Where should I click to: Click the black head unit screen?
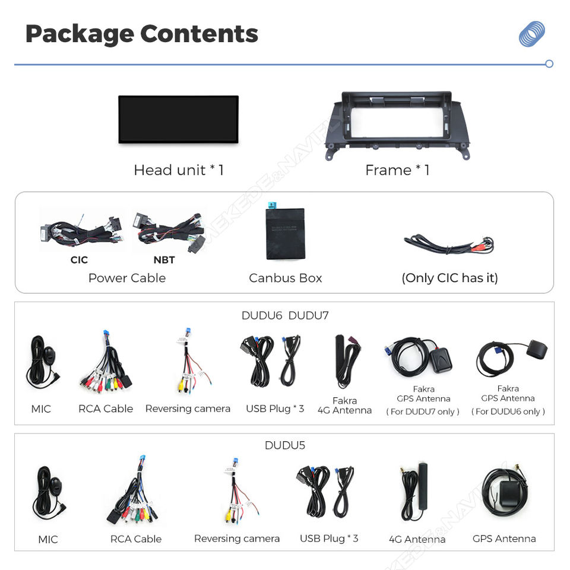point(178,119)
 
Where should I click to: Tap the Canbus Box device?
point(285,233)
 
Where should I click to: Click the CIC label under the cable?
point(79,259)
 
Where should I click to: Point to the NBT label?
point(164,259)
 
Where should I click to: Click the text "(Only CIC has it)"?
point(449,278)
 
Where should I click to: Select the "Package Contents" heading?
point(141,34)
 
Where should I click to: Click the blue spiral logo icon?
point(531,34)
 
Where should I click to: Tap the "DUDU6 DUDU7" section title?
point(285,315)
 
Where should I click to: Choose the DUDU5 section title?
point(285,445)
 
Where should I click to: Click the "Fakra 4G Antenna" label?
point(344,406)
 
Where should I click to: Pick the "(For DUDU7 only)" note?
point(423,411)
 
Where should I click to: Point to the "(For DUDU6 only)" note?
point(508,411)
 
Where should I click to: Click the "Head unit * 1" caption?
point(178,170)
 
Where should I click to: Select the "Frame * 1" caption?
point(397,170)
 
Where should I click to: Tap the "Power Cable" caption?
point(127,278)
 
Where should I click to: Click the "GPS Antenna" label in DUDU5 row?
point(504,539)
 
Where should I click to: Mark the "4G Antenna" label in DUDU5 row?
point(417,539)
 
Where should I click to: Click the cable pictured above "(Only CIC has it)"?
point(449,243)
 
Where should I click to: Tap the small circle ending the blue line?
point(549,64)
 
